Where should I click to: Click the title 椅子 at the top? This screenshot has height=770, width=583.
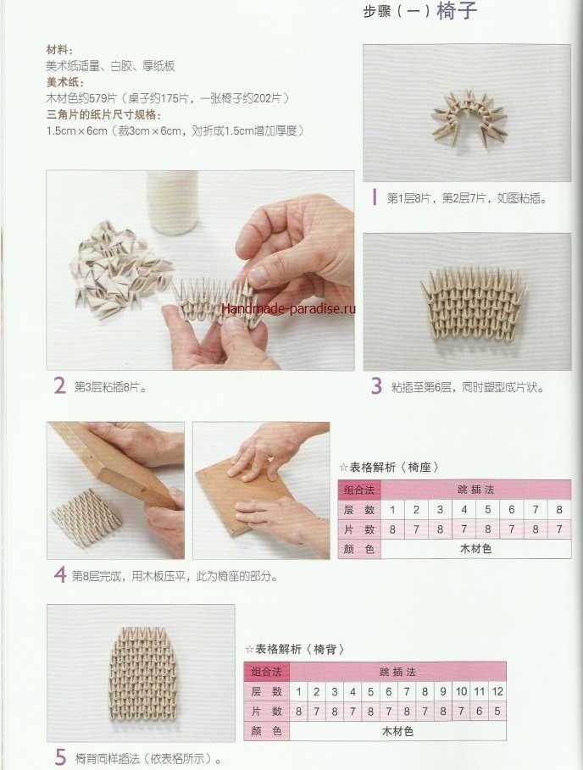click(456, 10)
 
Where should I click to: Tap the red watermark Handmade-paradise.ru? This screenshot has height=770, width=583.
click(288, 308)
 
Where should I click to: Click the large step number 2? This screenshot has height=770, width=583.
click(59, 386)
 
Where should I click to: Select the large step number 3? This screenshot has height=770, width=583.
click(376, 386)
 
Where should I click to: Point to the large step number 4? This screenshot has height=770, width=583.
click(60, 574)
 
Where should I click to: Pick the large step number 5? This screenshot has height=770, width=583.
click(60, 757)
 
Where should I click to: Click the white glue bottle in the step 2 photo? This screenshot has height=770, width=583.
click(172, 202)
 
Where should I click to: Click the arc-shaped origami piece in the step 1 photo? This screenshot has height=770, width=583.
click(467, 118)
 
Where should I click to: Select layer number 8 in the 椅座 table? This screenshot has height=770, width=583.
click(559, 509)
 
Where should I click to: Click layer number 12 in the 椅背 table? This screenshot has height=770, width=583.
click(497, 691)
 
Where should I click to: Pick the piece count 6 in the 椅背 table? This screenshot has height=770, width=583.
click(480, 711)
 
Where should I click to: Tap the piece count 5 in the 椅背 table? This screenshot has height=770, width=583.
click(497, 711)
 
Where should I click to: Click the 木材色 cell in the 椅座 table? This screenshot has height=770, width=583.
click(475, 549)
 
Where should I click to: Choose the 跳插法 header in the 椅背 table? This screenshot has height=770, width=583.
click(397, 671)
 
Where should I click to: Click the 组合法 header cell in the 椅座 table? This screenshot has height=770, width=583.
click(359, 490)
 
